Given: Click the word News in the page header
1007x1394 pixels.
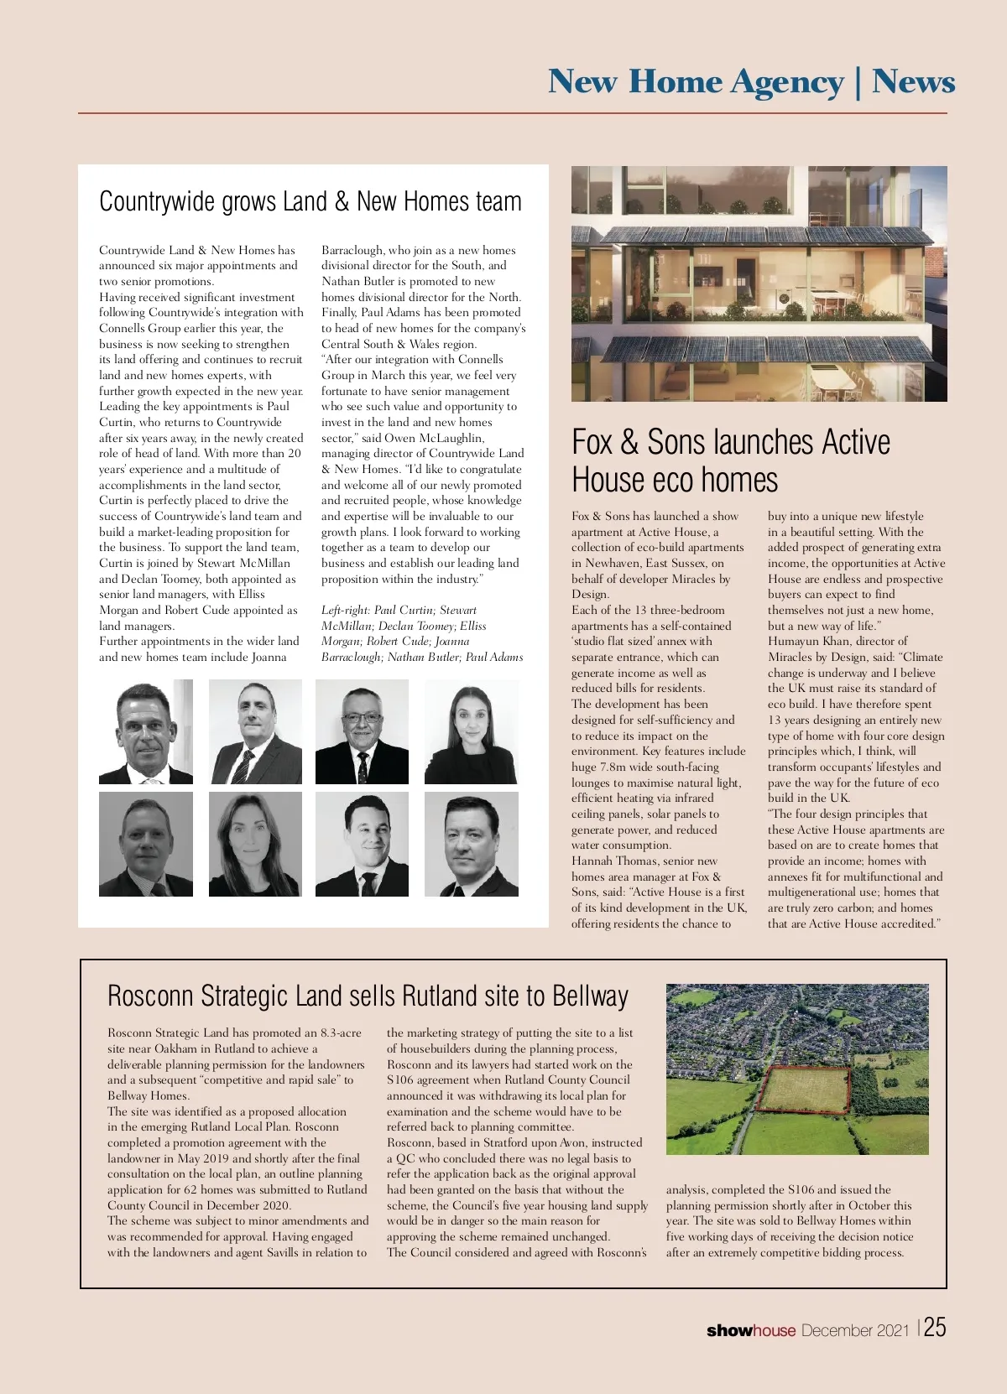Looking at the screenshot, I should pos(913,81).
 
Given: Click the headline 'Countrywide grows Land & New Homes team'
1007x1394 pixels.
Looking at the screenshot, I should pos(310,202).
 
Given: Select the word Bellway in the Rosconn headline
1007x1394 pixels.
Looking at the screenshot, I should pos(590,996).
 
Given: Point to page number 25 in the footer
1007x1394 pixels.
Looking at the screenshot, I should pos(935,1327).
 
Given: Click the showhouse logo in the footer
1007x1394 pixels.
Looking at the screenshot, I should pos(750,1330).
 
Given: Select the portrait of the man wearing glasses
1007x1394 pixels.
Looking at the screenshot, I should pos(362,731).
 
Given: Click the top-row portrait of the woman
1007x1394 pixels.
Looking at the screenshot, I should pos(471,731).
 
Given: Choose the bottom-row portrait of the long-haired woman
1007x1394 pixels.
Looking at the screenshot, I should pos(255,844).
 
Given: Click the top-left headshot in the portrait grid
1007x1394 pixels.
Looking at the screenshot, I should pos(146,731).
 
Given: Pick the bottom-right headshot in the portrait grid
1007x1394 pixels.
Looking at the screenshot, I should pos(471,844).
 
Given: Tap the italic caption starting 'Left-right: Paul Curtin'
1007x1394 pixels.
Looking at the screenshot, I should pos(421,633).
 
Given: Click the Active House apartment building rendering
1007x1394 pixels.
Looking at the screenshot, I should pos(759,283).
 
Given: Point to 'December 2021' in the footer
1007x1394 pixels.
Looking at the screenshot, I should pos(854,1330).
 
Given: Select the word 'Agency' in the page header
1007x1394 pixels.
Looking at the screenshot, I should pos(786,81).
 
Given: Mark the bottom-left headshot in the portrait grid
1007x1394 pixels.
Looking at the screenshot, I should pos(146,844).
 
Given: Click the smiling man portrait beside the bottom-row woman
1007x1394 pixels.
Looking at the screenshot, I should pos(362,844).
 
